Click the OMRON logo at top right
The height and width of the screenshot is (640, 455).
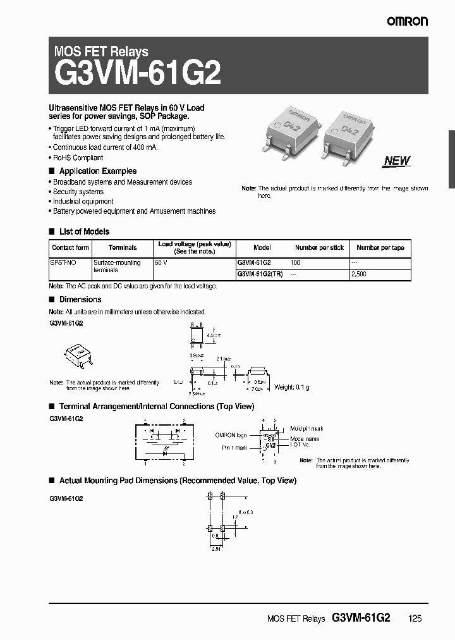[x=408, y=21]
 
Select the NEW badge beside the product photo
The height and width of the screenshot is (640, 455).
[x=397, y=161]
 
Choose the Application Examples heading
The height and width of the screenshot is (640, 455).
[x=97, y=171]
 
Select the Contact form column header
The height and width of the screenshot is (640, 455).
[x=70, y=248]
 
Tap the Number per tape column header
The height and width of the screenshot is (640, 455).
[x=380, y=248]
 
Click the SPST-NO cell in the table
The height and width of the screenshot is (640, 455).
[x=62, y=262]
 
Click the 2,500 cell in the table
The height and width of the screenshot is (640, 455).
[x=358, y=274]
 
